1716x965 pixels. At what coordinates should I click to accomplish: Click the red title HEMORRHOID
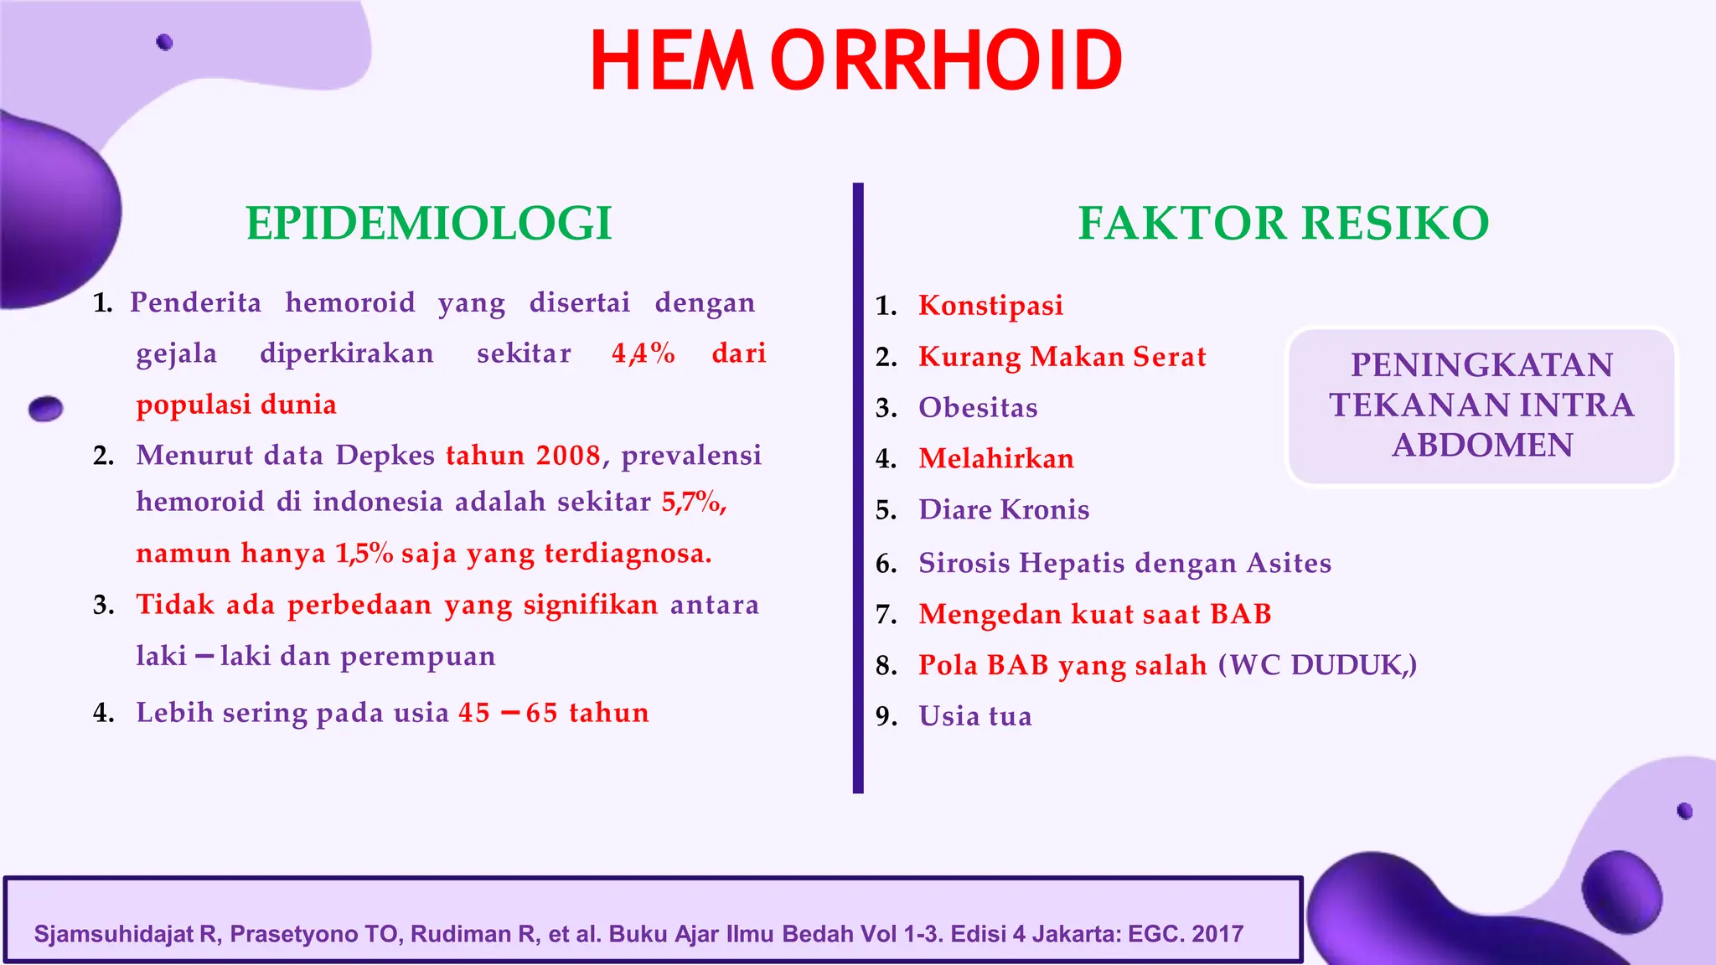pyautogui.click(x=855, y=60)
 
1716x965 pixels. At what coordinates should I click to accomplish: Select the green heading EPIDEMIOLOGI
pyautogui.click(x=428, y=224)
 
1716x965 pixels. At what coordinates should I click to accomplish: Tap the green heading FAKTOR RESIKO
pyautogui.click(x=1283, y=224)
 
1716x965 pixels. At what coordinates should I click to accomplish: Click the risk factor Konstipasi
pyautogui.click(x=990, y=306)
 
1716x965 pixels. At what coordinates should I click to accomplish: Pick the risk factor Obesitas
pyautogui.click(x=978, y=408)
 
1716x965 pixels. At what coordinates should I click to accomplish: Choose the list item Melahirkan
pyautogui.click(x=995, y=459)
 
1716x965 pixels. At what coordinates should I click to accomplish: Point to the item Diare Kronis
pyautogui.click(x=1003, y=510)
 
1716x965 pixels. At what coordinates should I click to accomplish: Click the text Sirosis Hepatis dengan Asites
pyautogui.click(x=1124, y=563)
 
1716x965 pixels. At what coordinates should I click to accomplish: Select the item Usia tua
pyautogui.click(x=974, y=716)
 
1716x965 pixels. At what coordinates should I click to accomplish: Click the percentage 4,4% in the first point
pyautogui.click(x=643, y=353)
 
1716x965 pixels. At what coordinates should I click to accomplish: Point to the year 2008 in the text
pyautogui.click(x=568, y=456)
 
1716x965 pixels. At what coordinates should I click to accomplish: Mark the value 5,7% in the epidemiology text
pyautogui.click(x=692, y=503)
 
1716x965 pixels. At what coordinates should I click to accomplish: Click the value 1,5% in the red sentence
pyautogui.click(x=364, y=554)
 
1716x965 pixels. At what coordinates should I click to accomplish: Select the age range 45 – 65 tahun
pyautogui.click(x=553, y=713)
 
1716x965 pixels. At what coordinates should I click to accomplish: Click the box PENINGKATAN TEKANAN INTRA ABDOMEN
pyautogui.click(x=1481, y=405)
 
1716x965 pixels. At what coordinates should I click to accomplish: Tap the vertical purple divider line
pyautogui.click(x=857, y=486)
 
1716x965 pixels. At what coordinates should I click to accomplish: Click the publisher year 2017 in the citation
pyautogui.click(x=1216, y=934)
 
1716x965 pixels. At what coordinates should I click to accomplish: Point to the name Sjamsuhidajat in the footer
pyautogui.click(x=113, y=934)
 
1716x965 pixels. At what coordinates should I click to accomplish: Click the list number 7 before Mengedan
pyautogui.click(x=885, y=615)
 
